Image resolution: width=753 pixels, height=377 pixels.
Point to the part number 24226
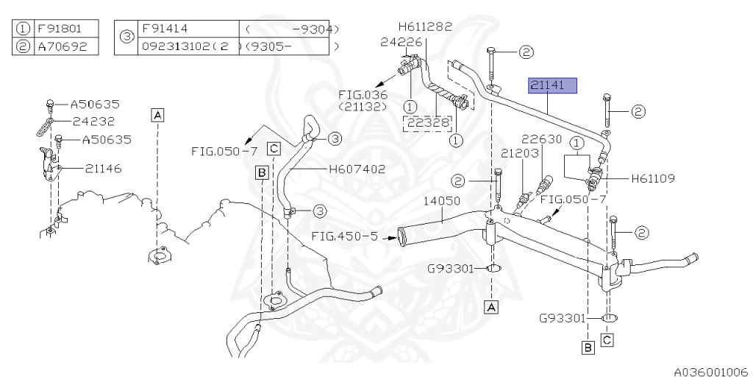pyautogui.click(x=401, y=42)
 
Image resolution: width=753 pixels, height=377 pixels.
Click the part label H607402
pyautogui.click(x=357, y=169)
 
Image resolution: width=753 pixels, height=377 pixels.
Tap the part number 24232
pyautogui.click(x=96, y=121)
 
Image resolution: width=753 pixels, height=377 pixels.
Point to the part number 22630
pyautogui.click(x=542, y=138)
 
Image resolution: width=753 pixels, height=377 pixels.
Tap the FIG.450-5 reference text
pyautogui.click(x=344, y=236)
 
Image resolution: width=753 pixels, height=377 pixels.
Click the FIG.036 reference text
pyautogui.click(x=363, y=95)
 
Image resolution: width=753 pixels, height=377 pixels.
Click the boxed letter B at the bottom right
pyautogui.click(x=588, y=347)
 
